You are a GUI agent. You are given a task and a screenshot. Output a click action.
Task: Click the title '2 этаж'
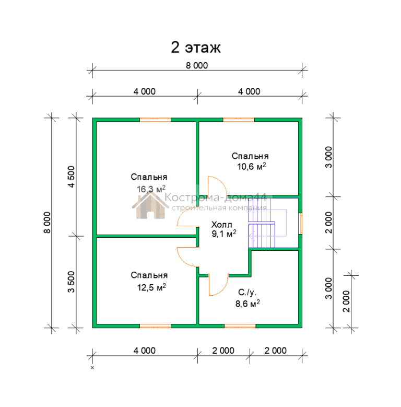tap(196, 48)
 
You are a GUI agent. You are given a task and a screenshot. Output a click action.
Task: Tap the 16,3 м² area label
tap(151, 189)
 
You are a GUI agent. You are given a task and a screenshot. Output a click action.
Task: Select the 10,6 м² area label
tap(251, 166)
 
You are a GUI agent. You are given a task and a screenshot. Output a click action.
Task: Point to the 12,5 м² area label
tap(151, 287)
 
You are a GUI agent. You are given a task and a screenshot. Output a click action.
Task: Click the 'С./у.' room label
tap(247, 293)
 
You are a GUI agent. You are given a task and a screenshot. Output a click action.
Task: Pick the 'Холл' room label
tap(221, 225)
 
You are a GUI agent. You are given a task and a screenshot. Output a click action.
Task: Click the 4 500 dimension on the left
tap(71, 177)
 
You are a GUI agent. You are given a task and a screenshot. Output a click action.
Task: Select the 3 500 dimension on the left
tap(71, 282)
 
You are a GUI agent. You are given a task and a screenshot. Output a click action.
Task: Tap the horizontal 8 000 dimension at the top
tap(197, 65)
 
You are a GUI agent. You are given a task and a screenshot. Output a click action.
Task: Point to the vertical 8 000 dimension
tap(47, 223)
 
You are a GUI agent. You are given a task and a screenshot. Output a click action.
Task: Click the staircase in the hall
tap(262, 223)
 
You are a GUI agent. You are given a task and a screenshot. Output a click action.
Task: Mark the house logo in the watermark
tap(150, 206)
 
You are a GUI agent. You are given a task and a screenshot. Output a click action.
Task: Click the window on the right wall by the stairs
tap(301, 224)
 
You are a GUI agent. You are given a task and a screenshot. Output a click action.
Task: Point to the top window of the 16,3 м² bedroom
tap(156, 120)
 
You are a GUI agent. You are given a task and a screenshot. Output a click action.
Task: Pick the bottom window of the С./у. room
tap(240, 326)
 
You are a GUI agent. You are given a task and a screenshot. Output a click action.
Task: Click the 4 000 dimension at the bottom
tap(145, 351)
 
